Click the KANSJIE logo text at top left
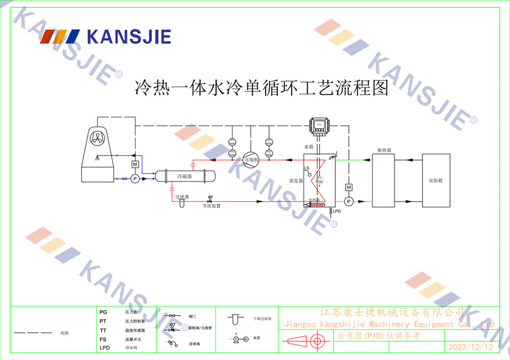click(x=129, y=37)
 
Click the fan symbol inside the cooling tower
click(x=97, y=138)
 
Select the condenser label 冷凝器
click(x=184, y=176)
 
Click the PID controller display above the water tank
click(x=319, y=124)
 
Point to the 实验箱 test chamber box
click(x=436, y=181)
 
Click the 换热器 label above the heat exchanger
click(x=384, y=150)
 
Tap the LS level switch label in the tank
click(x=307, y=168)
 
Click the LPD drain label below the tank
click(x=337, y=211)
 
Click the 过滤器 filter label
click(x=182, y=196)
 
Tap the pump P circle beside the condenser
click(x=135, y=178)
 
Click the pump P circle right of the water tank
click(x=349, y=201)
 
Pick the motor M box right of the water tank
click(x=349, y=187)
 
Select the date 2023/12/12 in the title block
click(x=470, y=347)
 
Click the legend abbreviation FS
click(x=103, y=339)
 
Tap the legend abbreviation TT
click(x=103, y=330)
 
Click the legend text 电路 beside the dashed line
click(x=64, y=333)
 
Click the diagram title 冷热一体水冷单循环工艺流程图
click(x=261, y=88)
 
